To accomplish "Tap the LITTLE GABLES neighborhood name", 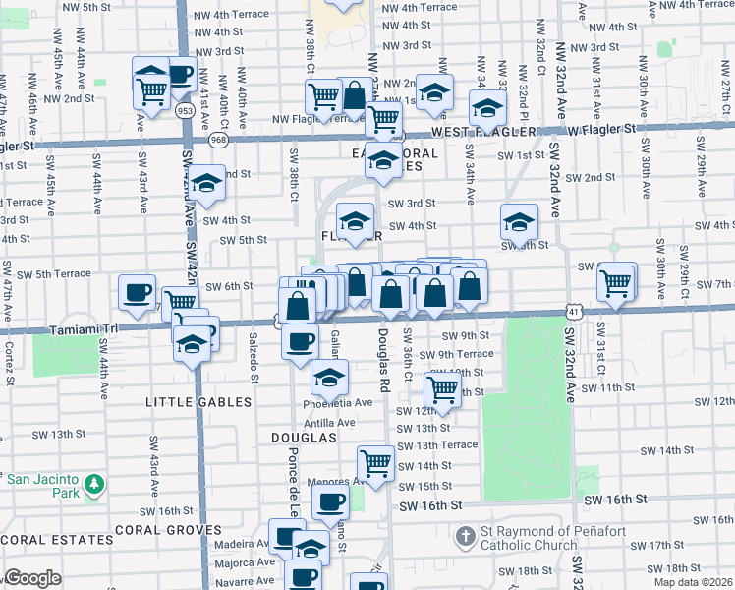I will point(198,403).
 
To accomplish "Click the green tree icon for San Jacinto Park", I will point(94,484).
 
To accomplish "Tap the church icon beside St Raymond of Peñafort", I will point(466,537).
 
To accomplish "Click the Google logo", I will point(31,578).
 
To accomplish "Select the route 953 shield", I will point(185,111).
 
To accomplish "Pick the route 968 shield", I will point(218,141).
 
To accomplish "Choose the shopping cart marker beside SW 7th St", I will point(616,281).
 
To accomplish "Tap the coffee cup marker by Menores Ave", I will point(330,501).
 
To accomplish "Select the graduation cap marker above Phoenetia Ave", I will point(330,376).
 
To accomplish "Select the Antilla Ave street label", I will point(329,422).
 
